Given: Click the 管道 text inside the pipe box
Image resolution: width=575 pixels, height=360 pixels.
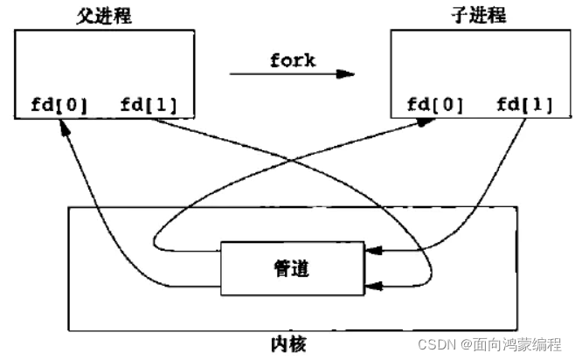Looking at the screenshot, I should click(x=291, y=268).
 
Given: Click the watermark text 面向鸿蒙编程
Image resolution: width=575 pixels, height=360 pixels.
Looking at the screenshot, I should click(x=523, y=345).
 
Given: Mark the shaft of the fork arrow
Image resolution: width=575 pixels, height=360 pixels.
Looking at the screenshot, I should click(x=280, y=73).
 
